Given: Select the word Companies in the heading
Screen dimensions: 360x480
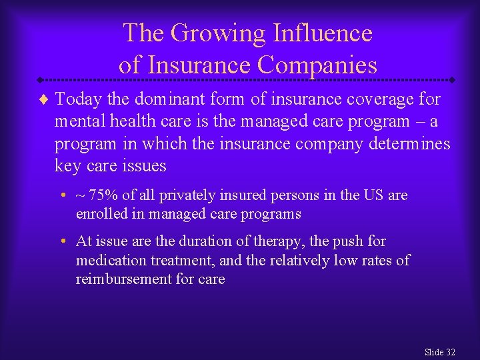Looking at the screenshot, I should point(317,65).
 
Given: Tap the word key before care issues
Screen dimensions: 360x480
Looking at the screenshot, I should point(67,166).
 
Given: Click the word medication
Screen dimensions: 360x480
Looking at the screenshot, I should point(110,260).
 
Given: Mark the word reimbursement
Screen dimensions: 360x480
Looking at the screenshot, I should point(124,279).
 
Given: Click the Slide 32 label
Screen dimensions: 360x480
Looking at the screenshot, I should point(439,351).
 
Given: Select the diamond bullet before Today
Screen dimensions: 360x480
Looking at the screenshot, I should point(44,101).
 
